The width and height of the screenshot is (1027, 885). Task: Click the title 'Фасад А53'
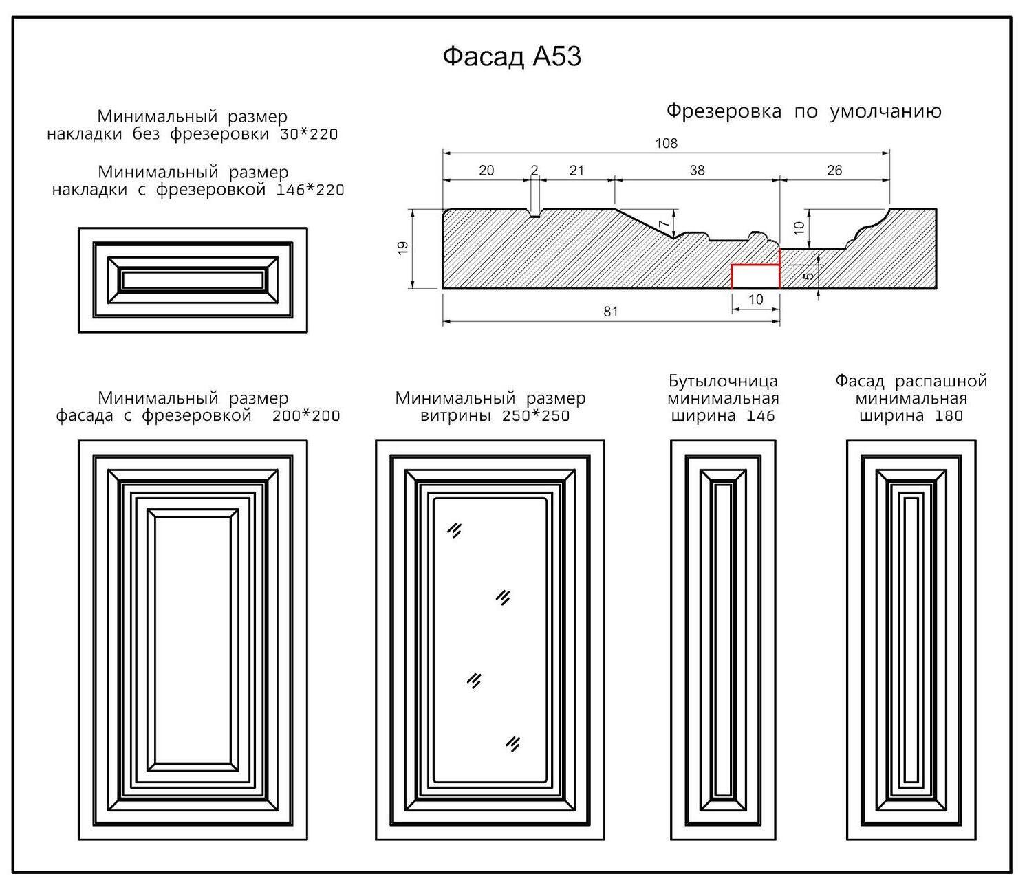512,56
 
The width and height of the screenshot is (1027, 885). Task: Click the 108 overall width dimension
666,143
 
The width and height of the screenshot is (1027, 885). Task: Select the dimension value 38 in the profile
697,170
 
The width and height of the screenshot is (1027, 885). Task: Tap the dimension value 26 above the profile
834,170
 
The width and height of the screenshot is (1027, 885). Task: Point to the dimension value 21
576,170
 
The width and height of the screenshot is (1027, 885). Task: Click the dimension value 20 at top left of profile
486,170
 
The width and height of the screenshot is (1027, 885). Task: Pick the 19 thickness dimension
403,248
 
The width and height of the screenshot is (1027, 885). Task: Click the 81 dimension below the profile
610,312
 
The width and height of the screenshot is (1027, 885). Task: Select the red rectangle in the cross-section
755,276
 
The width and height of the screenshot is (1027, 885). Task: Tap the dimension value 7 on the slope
663,223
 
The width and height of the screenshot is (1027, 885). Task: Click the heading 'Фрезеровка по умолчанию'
803,111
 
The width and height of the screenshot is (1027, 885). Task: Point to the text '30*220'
309,134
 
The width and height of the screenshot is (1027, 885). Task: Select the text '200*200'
306,416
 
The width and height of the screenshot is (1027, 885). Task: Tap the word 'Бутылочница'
723,381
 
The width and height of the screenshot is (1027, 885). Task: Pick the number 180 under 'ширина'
949,416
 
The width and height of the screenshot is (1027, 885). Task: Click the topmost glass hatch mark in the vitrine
454,530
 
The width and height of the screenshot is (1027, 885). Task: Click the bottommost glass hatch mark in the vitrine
512,743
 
